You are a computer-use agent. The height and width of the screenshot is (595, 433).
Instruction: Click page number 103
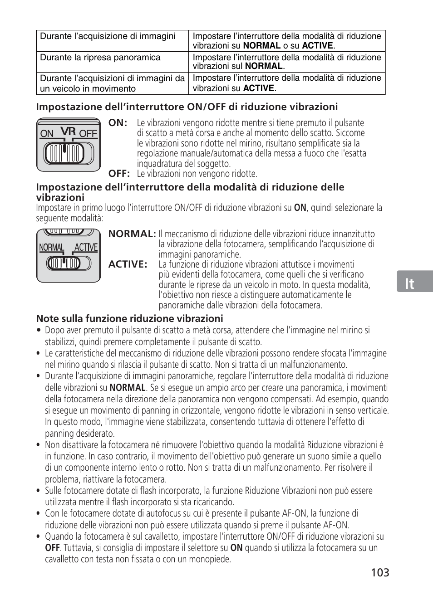pyautogui.click(x=379, y=573)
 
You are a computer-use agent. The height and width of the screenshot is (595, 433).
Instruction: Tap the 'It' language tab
pyautogui.click(x=410, y=283)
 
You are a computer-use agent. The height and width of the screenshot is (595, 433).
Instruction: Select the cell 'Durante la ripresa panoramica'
pyautogui.click(x=100, y=58)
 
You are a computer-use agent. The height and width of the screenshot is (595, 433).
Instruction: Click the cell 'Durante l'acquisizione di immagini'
pyautogui.click(x=108, y=36)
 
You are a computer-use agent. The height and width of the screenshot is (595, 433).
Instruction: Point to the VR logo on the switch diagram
pyautogui.click(x=67, y=131)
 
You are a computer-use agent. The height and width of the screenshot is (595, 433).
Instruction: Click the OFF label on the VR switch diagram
pyautogui.click(x=89, y=134)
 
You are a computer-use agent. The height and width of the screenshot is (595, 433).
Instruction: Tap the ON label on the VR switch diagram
pyautogui.click(x=47, y=134)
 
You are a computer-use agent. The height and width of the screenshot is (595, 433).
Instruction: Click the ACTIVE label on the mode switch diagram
pyautogui.click(x=86, y=248)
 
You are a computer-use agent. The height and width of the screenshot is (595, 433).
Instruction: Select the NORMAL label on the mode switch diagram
pyautogui.click(x=52, y=248)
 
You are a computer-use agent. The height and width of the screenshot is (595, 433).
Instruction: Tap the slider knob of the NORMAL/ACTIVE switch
pyautogui.click(x=64, y=263)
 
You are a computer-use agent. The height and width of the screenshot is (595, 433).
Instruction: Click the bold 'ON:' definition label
pyautogui.click(x=118, y=123)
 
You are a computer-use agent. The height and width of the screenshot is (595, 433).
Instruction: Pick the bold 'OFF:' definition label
pyautogui.click(x=119, y=174)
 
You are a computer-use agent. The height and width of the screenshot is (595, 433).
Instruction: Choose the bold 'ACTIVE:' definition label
pyautogui.click(x=128, y=264)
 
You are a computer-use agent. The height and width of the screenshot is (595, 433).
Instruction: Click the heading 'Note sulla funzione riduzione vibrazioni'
pyautogui.click(x=129, y=318)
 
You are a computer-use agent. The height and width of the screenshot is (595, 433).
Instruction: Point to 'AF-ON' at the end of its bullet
pyautogui.click(x=335, y=525)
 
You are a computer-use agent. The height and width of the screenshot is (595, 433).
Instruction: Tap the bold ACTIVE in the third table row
pyautogui.click(x=259, y=88)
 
